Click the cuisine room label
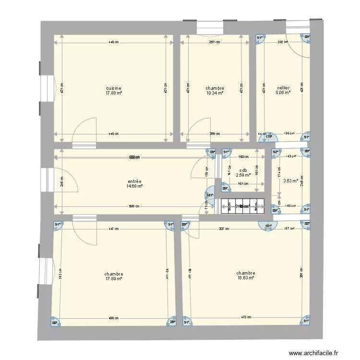pyautogui.click(x=114, y=88)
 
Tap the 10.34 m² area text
pyautogui.click(x=215, y=93)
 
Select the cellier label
pyautogui.click(x=283, y=88)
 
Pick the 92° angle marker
pyautogui.click(x=275, y=153)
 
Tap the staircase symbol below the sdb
pyautogui.click(x=242, y=206)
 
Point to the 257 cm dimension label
pyautogui.click(x=215, y=42)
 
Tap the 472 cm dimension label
pyautogui.click(x=246, y=317)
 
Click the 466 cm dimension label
pyautogui.click(x=113, y=317)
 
